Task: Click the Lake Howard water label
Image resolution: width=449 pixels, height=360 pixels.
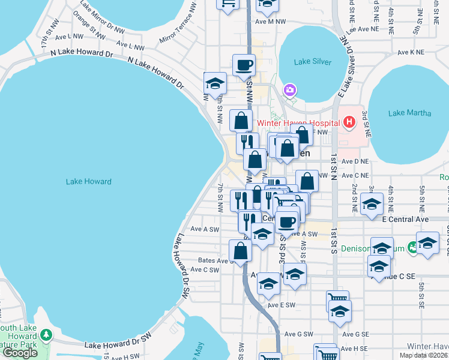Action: (89, 181)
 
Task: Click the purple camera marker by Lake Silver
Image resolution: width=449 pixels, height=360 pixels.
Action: (290, 90)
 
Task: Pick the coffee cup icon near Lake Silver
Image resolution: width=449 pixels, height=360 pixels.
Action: (244, 65)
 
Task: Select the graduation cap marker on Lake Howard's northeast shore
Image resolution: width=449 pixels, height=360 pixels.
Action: (214, 83)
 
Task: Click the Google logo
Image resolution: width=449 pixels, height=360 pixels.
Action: (19, 353)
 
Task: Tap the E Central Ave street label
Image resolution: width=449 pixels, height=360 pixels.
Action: (406, 220)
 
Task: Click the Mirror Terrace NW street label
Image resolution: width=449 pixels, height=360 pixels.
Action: (178, 28)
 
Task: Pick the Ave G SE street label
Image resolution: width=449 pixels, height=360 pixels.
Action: (355, 334)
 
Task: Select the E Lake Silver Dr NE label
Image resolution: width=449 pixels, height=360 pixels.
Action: (346, 66)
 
